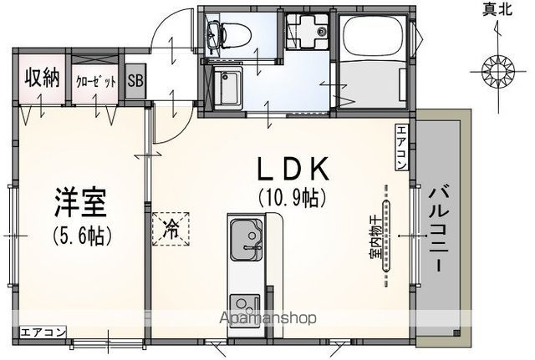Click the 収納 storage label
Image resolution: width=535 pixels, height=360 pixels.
(41, 79)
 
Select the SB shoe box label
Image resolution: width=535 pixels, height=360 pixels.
(135, 80)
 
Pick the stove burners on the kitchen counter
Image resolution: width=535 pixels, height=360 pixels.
(244, 304)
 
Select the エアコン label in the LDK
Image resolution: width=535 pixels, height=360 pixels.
(402, 147)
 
